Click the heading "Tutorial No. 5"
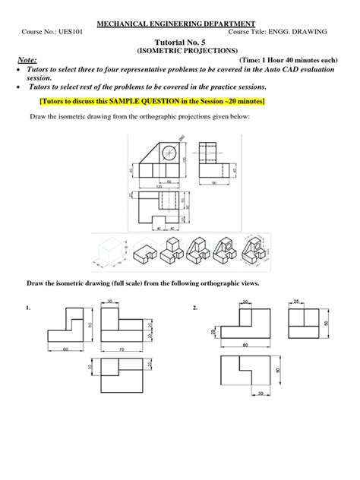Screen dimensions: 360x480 point(181,44)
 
